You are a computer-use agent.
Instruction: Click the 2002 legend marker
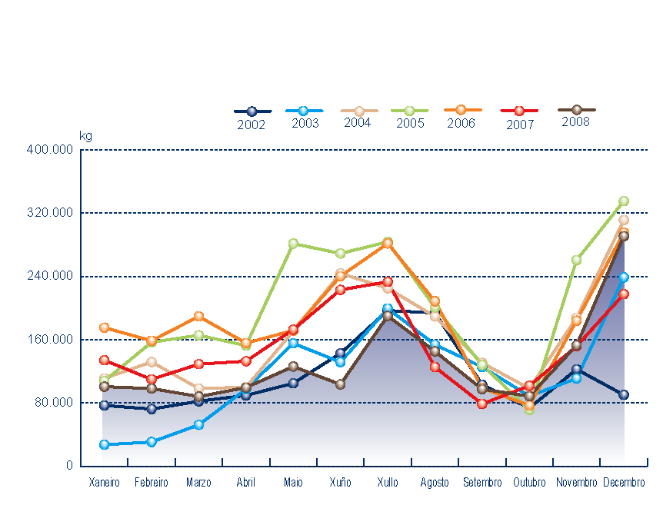pyautogui.click(x=252, y=111)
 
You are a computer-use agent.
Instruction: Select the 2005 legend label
pyautogui.click(x=410, y=123)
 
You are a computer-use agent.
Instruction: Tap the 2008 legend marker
pyautogui.click(x=576, y=110)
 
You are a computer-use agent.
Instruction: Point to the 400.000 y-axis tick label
pyautogui.click(x=50, y=150)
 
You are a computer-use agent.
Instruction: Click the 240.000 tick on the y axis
pyautogui.click(x=50, y=276)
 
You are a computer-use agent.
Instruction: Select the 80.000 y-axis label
pyautogui.click(x=53, y=403)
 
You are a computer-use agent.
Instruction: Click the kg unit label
pyautogui.click(x=85, y=136)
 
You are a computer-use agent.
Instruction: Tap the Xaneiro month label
pyautogui.click(x=104, y=483)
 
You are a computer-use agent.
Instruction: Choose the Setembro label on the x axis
pyautogui.click(x=482, y=483)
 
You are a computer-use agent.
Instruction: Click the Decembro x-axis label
pyautogui.click(x=624, y=483)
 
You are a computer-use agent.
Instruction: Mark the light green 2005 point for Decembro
pyautogui.click(x=624, y=201)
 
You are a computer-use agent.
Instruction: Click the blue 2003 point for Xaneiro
pyautogui.click(x=104, y=444)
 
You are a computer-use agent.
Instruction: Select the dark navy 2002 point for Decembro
pyautogui.click(x=624, y=394)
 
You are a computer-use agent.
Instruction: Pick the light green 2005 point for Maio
pyautogui.click(x=293, y=244)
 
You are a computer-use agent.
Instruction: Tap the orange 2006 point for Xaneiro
pyautogui.click(x=104, y=327)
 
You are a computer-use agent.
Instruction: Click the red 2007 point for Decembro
pyautogui.click(x=624, y=294)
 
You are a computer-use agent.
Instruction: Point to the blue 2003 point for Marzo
pyautogui.click(x=198, y=424)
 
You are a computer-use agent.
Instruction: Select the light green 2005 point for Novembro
pyautogui.click(x=576, y=260)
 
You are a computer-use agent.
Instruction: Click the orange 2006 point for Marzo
pyautogui.click(x=198, y=316)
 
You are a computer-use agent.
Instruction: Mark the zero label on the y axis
pyautogui.click(x=68, y=466)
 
